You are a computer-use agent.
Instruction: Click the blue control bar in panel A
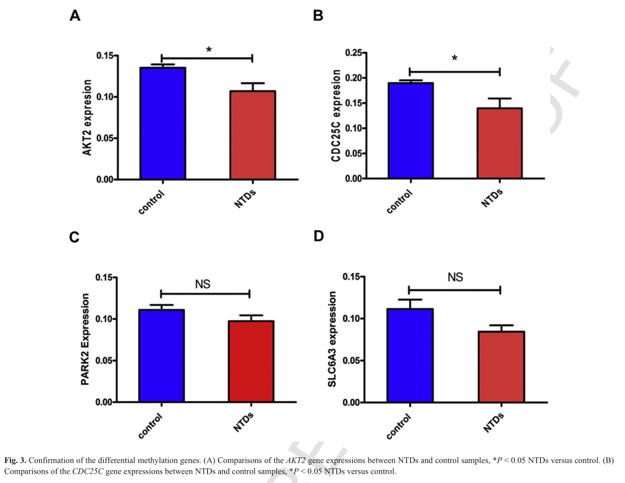coord(162,123)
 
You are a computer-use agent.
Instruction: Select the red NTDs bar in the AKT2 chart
coord(252,135)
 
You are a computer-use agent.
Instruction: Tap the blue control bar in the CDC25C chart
coord(411,130)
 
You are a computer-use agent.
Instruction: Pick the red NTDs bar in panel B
coord(499,143)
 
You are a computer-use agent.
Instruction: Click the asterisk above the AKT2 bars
coord(209,51)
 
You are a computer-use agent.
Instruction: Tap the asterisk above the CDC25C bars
coord(454,59)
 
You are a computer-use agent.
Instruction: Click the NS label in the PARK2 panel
coord(203,284)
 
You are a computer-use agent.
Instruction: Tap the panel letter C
coord(74,238)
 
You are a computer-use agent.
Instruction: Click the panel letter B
coord(318,16)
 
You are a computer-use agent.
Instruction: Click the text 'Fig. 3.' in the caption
coord(15,461)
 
